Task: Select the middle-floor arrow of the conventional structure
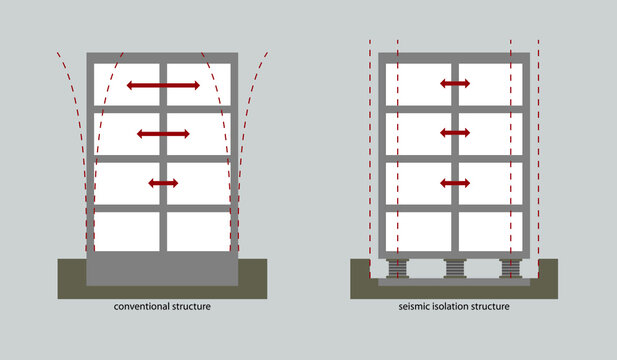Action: click(163, 133)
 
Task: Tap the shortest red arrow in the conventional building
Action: click(163, 183)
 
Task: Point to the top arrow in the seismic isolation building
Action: click(455, 83)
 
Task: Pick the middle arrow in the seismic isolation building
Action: click(455, 132)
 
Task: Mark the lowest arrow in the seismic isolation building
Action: click(455, 182)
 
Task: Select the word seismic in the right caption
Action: click(412, 307)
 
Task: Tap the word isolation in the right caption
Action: click(450, 307)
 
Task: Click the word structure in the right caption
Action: click(491, 307)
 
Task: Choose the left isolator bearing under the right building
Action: click(397, 269)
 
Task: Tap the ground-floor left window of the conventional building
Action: click(127, 231)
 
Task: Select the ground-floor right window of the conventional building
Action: click(199, 231)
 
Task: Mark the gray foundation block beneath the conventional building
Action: click(163, 269)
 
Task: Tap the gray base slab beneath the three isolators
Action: click(455, 283)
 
